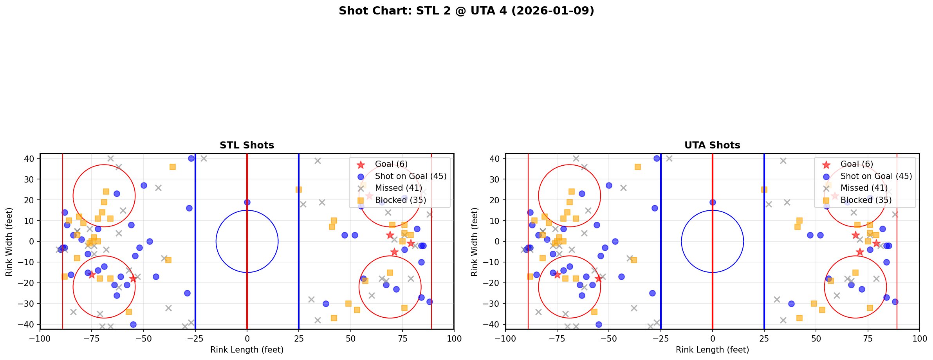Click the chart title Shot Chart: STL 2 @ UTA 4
466,11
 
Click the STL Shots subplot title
247,145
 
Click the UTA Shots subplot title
712,145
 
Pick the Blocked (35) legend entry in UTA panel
866,200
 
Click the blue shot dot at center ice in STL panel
247,202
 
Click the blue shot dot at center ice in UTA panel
713,202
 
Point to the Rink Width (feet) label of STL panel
9,241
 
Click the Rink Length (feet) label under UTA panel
712,350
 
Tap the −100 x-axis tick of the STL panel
40,338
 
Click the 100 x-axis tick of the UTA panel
919,338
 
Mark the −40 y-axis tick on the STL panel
29,324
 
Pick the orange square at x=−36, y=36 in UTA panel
638,167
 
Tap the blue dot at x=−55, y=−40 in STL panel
133,324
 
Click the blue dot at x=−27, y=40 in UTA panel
657,158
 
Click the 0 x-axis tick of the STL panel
247,338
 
